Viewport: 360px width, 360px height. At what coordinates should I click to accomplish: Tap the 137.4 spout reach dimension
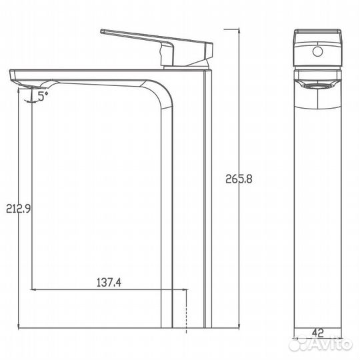pyautogui.click(x=109, y=282)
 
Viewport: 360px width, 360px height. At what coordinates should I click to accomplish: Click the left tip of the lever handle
pyautogui.click(x=103, y=31)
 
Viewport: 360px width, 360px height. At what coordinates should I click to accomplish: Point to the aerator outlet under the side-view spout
pyautogui.click(x=31, y=82)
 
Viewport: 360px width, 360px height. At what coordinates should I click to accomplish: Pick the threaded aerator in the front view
pyautogui.click(x=317, y=85)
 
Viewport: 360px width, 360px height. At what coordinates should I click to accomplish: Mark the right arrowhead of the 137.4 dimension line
pyautogui.click(x=187, y=289)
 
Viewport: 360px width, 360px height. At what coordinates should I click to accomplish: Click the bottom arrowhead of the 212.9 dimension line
pyautogui.click(x=18, y=327)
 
